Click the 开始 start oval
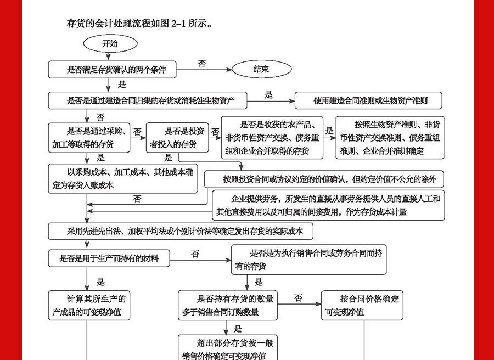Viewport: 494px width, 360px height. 109,43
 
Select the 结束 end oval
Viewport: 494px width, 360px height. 261,70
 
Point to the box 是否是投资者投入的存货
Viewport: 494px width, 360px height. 178,138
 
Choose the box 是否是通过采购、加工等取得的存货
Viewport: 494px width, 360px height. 89,138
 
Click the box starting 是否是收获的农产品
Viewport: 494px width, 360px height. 272,138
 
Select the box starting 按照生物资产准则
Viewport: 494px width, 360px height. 390,138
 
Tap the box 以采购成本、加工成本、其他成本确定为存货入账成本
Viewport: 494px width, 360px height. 122,178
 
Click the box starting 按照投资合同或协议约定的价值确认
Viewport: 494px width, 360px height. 324,179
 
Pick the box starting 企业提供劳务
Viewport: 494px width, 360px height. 328,205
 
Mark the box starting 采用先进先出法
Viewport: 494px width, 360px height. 182,232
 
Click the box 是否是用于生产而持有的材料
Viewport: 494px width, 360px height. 109,257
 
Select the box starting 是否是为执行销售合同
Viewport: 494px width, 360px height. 309,260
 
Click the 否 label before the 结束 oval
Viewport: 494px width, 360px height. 202,64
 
